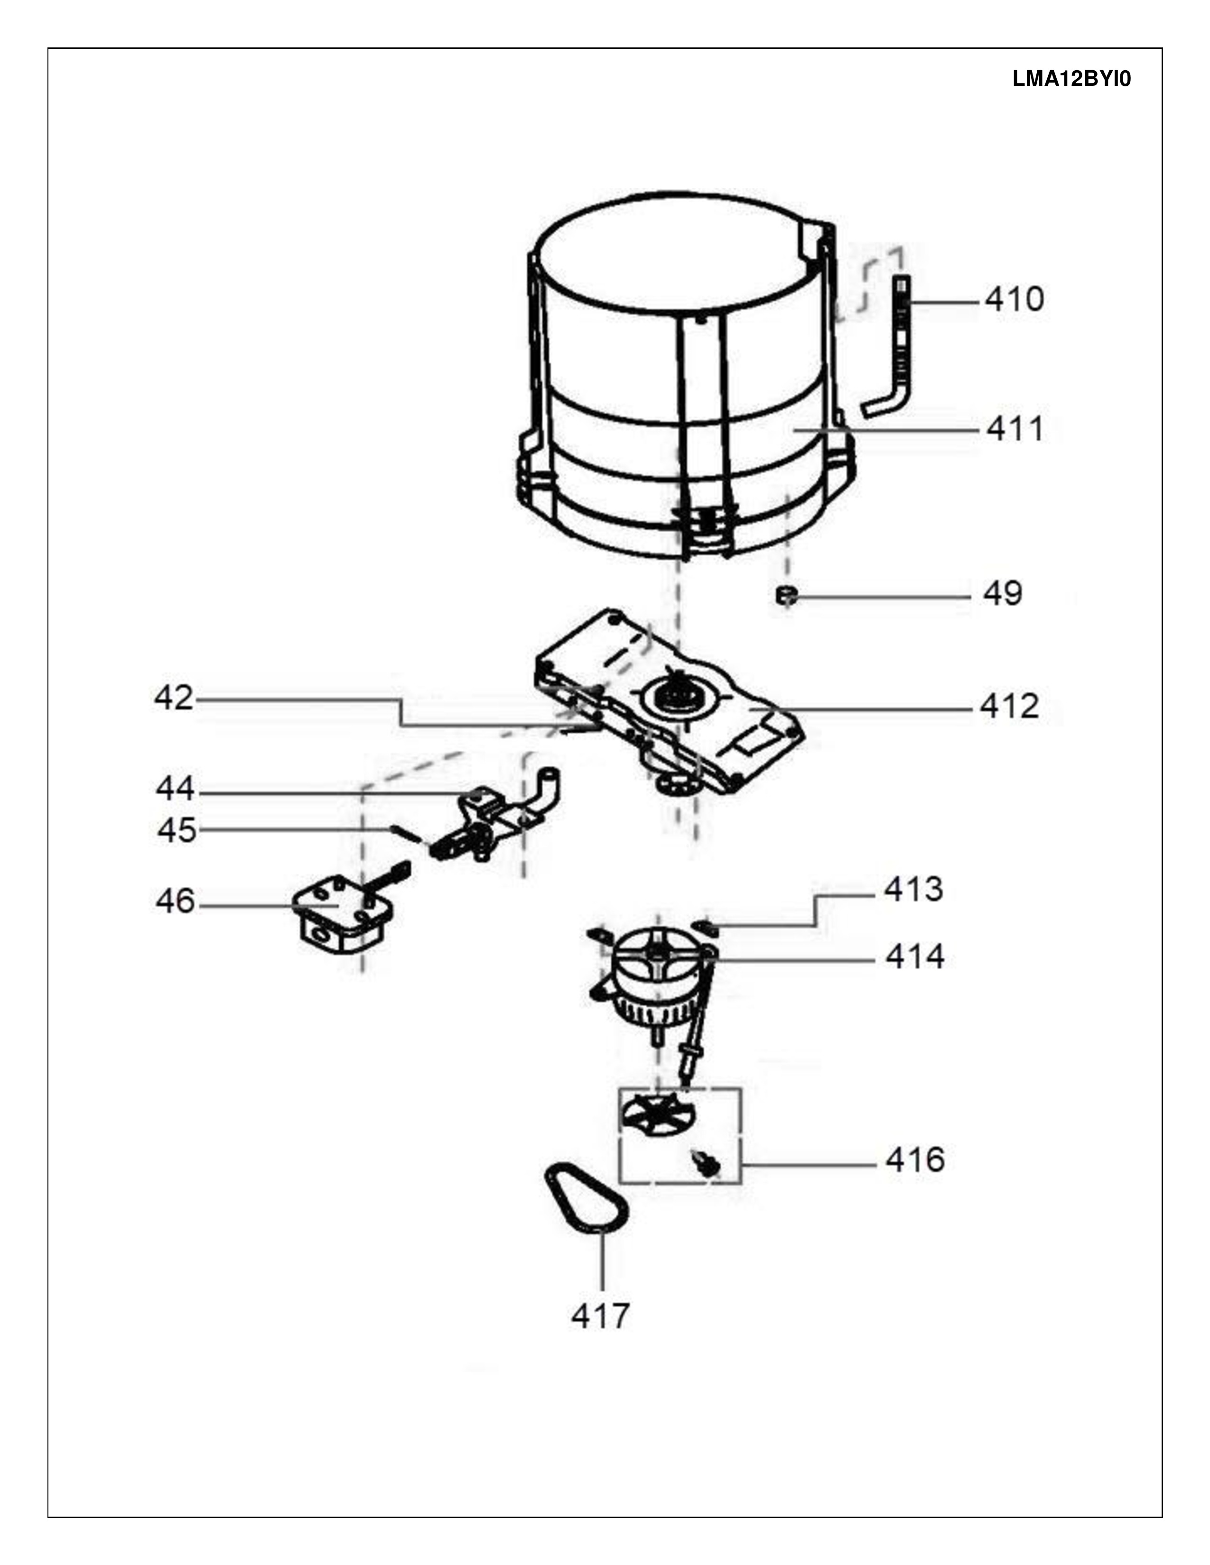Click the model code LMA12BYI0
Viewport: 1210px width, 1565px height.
tap(1071, 79)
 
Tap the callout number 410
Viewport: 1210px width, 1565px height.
tap(1014, 300)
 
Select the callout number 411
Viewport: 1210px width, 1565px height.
tap(1014, 429)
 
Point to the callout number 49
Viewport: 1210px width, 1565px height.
tap(1002, 593)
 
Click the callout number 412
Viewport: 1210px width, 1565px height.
tap(1009, 707)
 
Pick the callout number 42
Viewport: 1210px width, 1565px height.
tap(174, 698)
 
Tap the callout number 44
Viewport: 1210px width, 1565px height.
tap(175, 789)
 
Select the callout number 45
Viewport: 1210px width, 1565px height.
tap(177, 830)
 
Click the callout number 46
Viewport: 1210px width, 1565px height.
tap(175, 902)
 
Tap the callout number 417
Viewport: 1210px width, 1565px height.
tap(600, 1316)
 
